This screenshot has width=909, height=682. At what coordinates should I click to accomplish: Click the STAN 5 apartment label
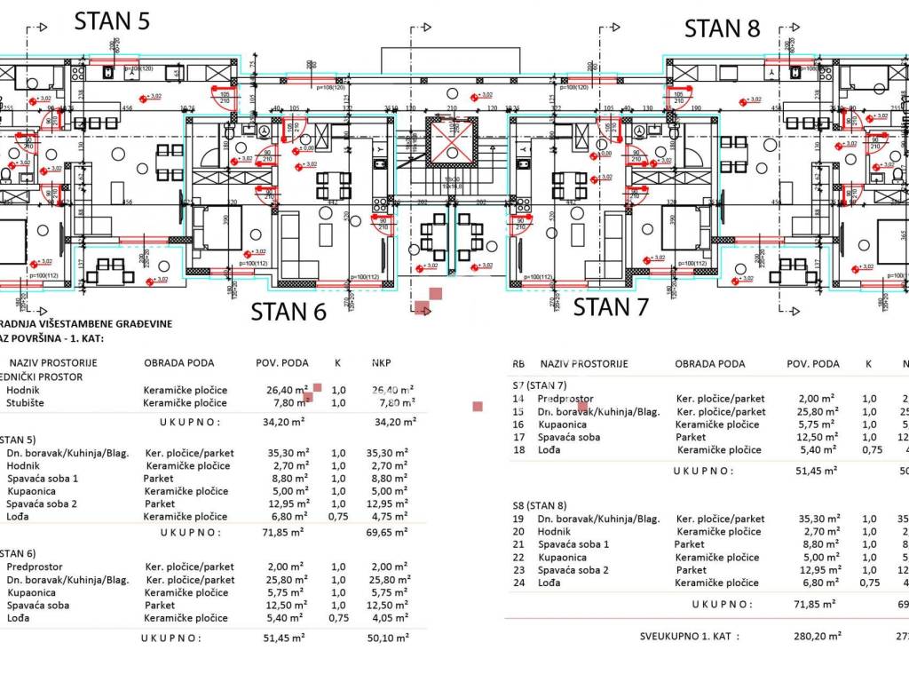click(112, 21)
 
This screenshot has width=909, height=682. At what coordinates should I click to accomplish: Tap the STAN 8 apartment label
click(723, 28)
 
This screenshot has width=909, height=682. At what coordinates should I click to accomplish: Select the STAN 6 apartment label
click(289, 312)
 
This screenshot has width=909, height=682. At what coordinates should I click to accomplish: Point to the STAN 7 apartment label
click(612, 307)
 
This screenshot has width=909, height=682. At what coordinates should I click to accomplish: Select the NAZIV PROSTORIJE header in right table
click(583, 364)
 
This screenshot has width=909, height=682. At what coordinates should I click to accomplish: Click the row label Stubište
click(27, 403)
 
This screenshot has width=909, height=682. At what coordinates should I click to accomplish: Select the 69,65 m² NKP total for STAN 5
click(390, 533)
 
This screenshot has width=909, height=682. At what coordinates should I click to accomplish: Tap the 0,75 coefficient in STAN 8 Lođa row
click(870, 583)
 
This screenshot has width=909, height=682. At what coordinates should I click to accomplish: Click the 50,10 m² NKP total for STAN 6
click(390, 638)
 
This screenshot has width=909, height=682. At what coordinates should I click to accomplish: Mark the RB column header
click(519, 364)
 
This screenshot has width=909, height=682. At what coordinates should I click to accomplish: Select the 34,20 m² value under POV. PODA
click(286, 423)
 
